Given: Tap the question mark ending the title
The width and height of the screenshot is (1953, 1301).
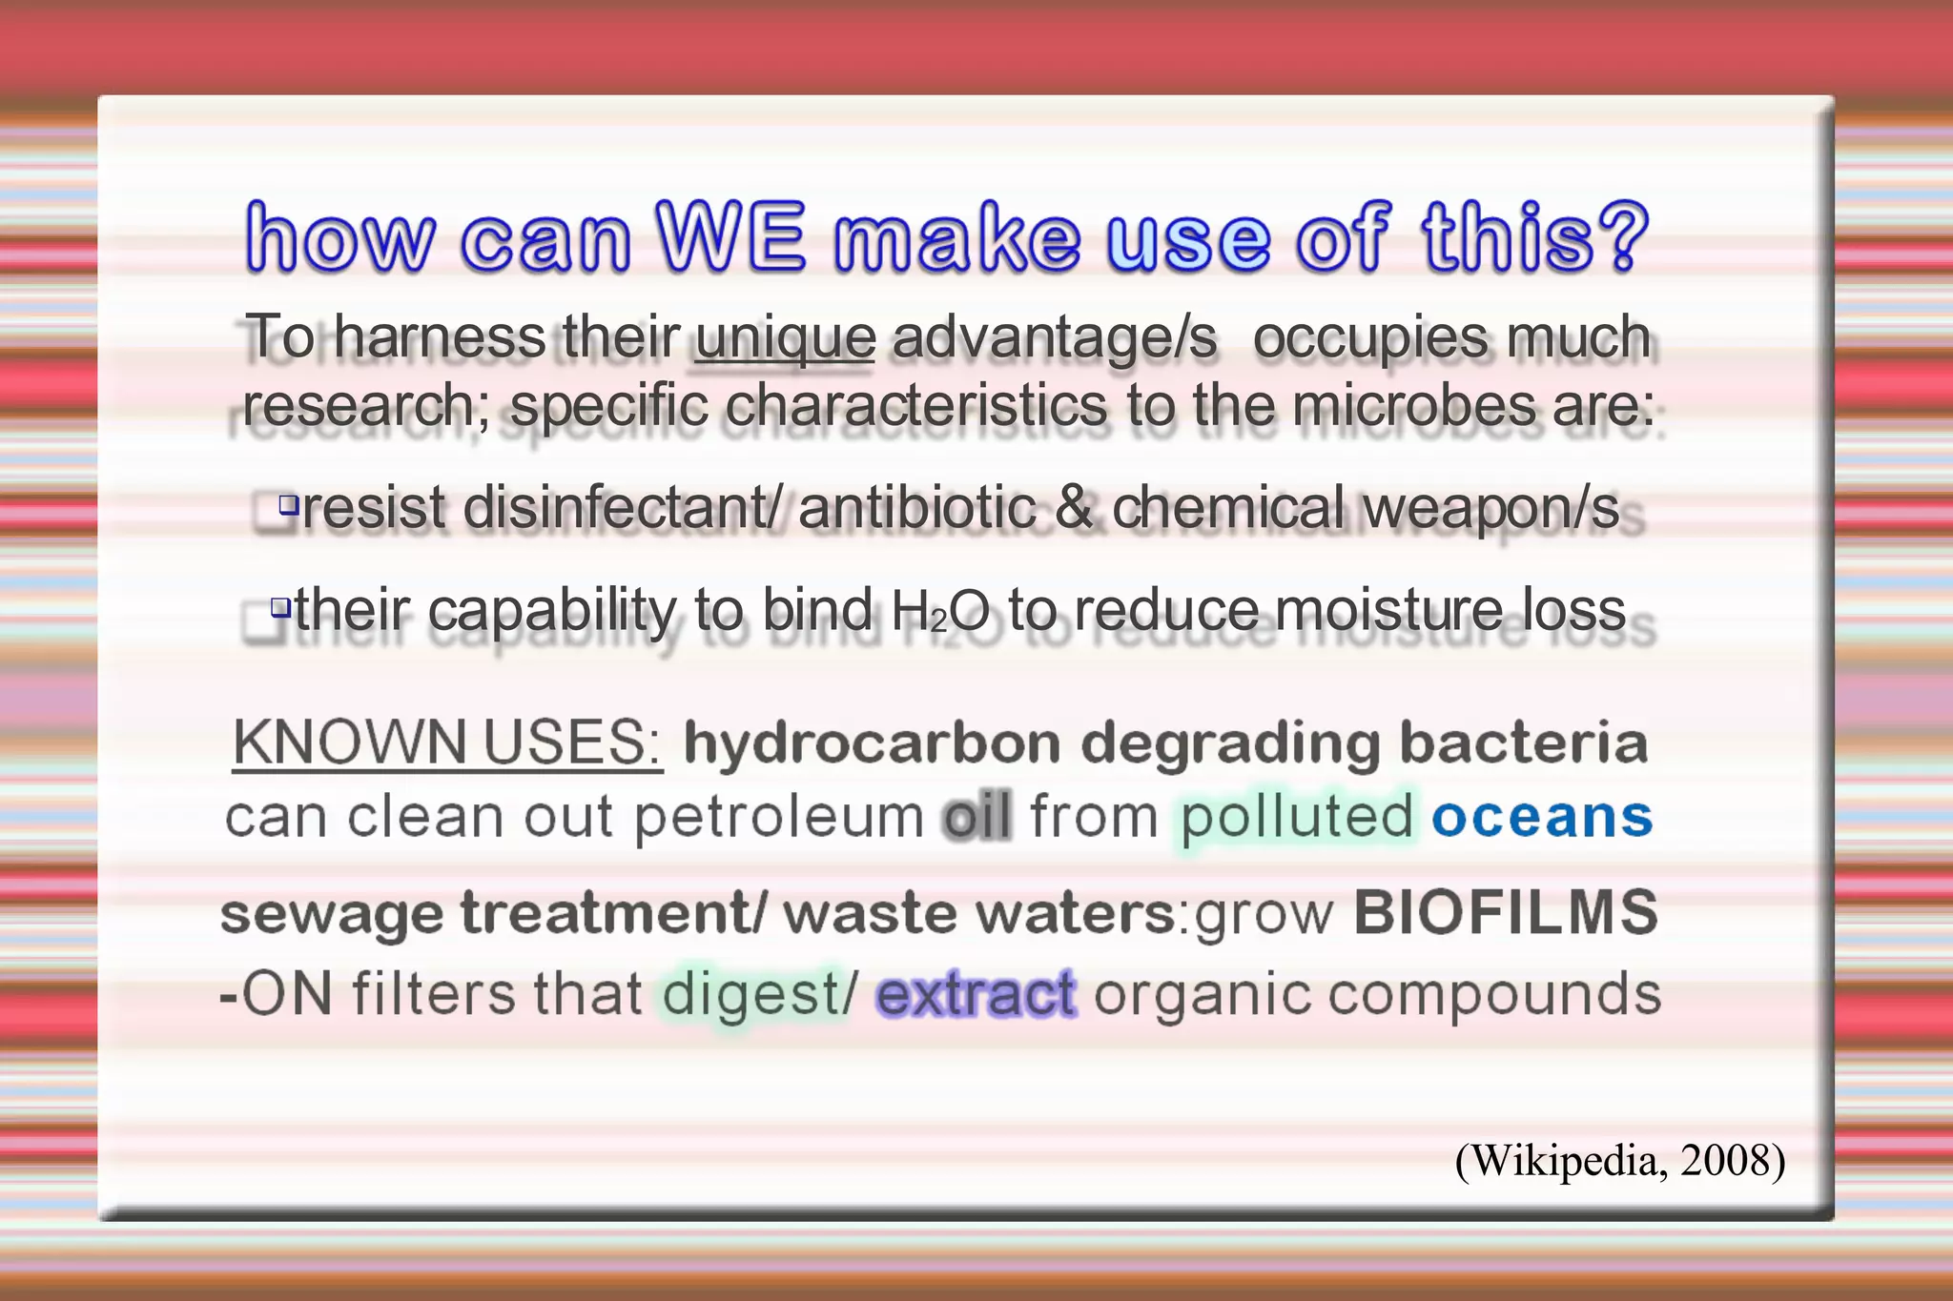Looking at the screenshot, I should coord(1622,236).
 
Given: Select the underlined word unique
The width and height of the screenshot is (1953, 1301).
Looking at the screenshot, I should coord(785,337).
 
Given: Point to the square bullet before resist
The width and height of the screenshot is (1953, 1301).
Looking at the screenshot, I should coord(288,503).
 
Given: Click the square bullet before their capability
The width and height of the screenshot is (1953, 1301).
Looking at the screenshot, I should coord(280,606).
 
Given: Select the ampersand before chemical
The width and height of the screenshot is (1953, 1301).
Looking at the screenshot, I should coord(1074,508).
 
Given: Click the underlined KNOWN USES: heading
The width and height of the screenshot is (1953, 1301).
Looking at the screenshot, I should coord(447,742).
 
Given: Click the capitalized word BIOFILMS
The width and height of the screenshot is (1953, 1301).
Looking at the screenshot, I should coord(1506,913).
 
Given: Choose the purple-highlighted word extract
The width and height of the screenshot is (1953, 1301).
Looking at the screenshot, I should coord(976,995).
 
